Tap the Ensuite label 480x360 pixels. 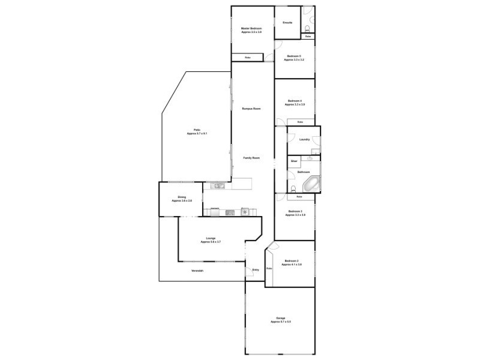click(x=287, y=23)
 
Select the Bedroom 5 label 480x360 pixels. click(x=294, y=58)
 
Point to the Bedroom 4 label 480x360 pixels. click(x=295, y=102)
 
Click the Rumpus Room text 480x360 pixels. click(x=251, y=109)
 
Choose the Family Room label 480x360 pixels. click(x=251, y=158)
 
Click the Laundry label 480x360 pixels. click(x=304, y=140)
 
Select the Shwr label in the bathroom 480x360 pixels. click(x=294, y=161)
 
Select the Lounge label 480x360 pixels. click(x=211, y=240)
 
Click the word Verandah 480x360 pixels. click(x=197, y=272)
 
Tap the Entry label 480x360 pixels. click(x=256, y=270)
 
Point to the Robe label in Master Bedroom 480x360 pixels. click(x=247, y=58)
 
